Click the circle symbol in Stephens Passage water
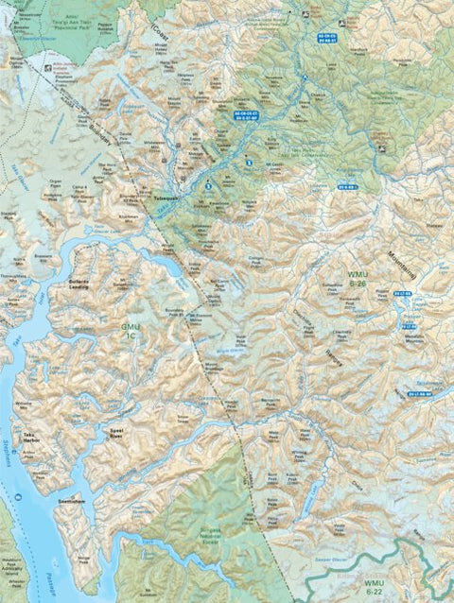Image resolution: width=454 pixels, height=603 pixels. click(x=17, y=497)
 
